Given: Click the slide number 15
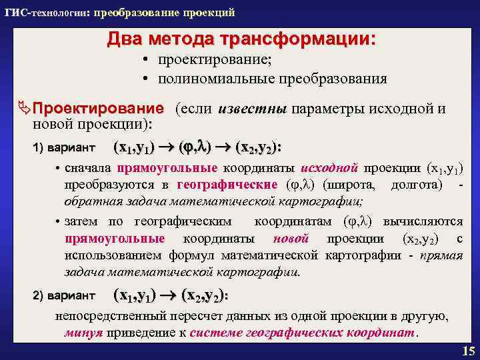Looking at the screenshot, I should click(466, 351).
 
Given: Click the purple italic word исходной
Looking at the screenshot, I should click(330, 169).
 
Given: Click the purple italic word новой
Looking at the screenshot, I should click(291, 239).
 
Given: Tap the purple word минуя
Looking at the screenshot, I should click(83, 332).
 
